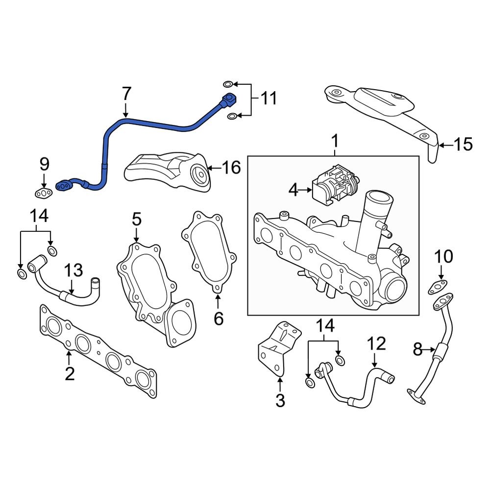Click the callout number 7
tap(126, 93)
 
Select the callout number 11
tap(268, 98)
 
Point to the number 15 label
tap(463, 145)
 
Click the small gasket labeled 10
tap(439, 286)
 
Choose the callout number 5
tap(136, 220)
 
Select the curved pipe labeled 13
tap(59, 289)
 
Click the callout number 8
tap(417, 350)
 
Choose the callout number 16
tap(231, 168)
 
